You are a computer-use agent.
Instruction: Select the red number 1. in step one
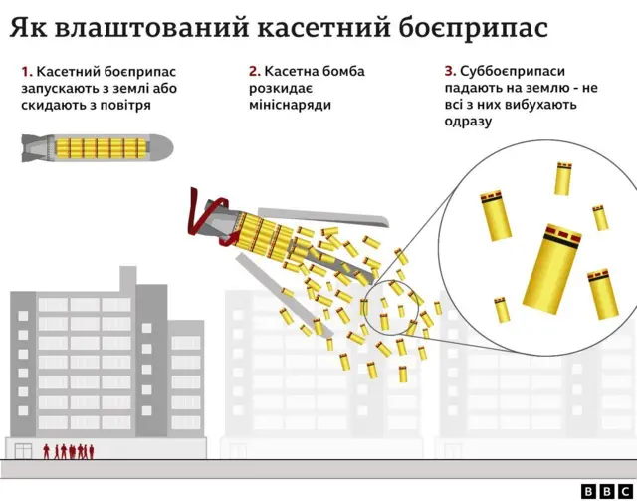[26, 72]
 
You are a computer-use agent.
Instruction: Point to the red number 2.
[254, 72]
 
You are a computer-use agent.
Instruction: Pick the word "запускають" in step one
[61, 89]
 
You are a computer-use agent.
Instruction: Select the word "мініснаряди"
[292, 105]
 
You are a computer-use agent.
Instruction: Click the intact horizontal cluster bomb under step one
[97, 148]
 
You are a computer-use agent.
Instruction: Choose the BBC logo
[600, 489]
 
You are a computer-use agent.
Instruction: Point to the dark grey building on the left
[90, 359]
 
